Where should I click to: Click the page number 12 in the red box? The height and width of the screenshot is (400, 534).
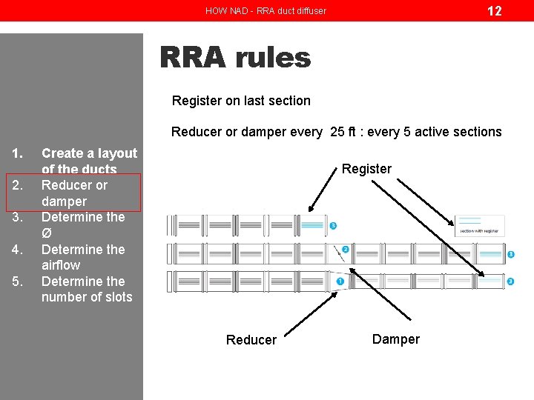point(493,10)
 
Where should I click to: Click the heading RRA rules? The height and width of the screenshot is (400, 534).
point(235,57)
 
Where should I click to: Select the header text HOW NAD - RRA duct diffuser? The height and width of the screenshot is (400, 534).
point(266,10)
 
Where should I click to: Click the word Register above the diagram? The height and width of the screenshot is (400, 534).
point(366,169)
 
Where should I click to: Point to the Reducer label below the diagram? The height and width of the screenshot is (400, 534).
point(251,340)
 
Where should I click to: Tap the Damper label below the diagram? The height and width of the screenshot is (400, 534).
point(395,339)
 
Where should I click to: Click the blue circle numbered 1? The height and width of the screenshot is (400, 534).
point(340,281)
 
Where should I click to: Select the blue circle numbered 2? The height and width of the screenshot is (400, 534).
point(345,250)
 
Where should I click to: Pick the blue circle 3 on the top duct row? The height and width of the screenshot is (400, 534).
point(333,225)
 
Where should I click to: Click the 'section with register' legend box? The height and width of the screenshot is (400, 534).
point(481,226)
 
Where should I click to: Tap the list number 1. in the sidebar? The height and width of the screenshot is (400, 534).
point(16,153)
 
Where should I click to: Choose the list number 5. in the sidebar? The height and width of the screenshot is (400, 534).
point(16,281)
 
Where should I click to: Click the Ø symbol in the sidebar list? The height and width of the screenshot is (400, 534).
point(46,233)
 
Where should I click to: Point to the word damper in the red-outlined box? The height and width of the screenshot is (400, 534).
point(64,201)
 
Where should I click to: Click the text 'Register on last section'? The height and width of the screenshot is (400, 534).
point(241,101)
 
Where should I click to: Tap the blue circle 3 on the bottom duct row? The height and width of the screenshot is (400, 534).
point(510,281)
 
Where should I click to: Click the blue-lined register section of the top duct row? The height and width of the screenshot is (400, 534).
point(312,225)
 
